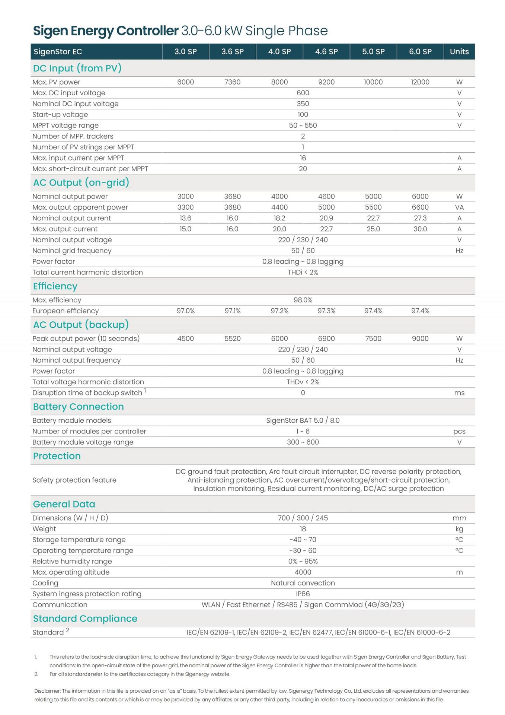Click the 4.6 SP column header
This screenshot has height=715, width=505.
[x=326, y=52]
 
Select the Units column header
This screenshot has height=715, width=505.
[x=459, y=52]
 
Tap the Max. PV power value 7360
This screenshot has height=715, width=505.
[x=232, y=82]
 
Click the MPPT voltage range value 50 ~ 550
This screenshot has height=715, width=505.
[x=303, y=125]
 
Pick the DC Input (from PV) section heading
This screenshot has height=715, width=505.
[x=77, y=69]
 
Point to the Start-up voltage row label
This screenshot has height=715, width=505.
[x=60, y=115]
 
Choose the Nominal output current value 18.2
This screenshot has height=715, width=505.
[x=279, y=218]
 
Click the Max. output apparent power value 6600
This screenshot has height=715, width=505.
[x=420, y=207]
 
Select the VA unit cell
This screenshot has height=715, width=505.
[x=459, y=207]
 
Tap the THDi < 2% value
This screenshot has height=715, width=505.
[x=303, y=273]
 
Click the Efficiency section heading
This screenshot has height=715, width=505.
[x=55, y=286]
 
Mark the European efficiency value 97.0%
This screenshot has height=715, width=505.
[x=185, y=311]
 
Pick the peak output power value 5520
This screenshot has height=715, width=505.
[x=232, y=339]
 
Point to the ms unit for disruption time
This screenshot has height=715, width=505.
[x=459, y=393]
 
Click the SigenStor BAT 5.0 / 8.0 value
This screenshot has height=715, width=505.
[x=303, y=421]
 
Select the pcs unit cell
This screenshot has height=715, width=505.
[x=459, y=432]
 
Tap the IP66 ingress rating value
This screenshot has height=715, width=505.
[x=303, y=594]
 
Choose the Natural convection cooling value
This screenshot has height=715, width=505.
[x=303, y=583]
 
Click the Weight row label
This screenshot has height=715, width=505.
[x=44, y=529]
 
